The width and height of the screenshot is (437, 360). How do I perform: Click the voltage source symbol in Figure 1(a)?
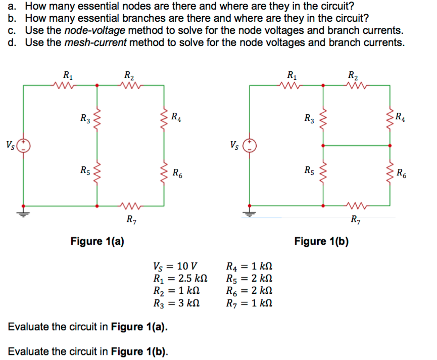point(23,146)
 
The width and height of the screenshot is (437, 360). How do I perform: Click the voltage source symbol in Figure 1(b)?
point(250,146)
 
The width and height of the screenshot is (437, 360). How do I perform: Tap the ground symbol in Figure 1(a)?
point(23,214)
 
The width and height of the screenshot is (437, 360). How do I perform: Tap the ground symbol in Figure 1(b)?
point(250,214)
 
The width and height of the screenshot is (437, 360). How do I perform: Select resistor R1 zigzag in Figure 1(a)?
point(64,85)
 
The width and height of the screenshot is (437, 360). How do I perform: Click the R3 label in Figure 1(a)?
point(85,118)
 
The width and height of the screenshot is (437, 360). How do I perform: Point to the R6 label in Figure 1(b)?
point(401,173)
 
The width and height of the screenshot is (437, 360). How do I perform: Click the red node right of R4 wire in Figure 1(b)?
point(390,146)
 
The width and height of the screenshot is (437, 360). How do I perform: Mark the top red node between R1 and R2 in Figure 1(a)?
point(97,85)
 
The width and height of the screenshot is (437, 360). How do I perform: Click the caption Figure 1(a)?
point(98,241)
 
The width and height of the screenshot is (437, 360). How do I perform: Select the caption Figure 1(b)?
point(321,241)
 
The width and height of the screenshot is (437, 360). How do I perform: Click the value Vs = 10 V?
point(175,266)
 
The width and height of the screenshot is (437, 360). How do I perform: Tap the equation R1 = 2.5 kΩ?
point(180,279)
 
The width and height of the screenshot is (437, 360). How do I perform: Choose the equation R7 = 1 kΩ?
point(249,303)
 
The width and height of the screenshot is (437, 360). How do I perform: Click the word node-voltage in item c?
point(95,30)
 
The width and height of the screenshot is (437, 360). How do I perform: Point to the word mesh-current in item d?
point(95,42)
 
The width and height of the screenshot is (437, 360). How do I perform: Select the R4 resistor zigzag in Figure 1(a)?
point(164,118)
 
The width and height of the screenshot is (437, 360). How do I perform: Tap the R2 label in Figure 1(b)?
point(353,75)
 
